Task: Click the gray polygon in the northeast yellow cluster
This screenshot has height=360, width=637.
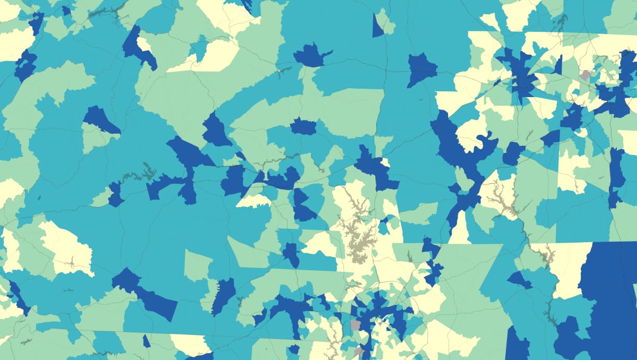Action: [x=585, y=75]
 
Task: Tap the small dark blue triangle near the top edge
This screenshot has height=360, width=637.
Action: [x=377, y=27]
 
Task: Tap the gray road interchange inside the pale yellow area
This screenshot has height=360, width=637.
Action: [x=72, y=261]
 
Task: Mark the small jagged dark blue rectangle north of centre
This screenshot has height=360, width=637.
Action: [x=303, y=126]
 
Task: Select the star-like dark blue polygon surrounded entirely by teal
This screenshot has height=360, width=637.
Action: [x=421, y=69]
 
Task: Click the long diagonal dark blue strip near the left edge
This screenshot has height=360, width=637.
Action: [x=19, y=297]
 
